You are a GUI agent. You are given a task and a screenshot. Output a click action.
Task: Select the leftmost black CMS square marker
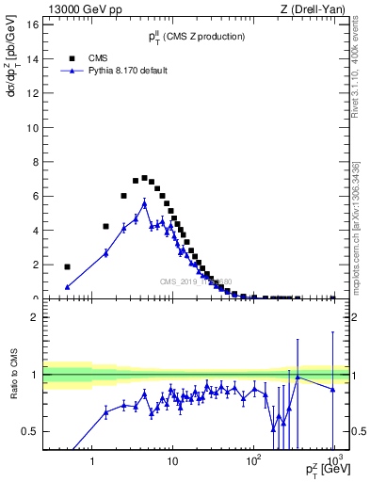pyautogui.click(x=67, y=266)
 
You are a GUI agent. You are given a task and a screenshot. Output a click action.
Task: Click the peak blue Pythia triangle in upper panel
pyautogui.click(x=145, y=202)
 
